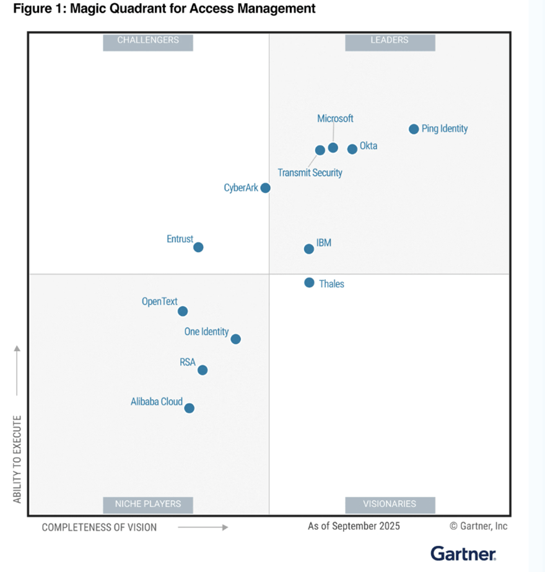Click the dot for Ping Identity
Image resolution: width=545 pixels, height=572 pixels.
point(414,129)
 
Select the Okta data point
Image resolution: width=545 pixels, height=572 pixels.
point(352,149)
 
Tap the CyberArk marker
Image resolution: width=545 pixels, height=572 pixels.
point(265,188)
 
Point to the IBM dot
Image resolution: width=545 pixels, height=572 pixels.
point(309,249)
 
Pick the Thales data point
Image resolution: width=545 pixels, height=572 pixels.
point(309,282)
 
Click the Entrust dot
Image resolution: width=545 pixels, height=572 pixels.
point(198,247)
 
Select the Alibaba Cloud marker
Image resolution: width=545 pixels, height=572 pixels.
point(190,408)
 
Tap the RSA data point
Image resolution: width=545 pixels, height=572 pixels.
point(203,370)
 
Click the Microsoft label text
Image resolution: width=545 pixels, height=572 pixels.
point(335,118)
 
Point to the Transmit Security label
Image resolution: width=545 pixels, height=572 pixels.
point(310,173)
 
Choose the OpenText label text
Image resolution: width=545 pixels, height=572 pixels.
point(160,301)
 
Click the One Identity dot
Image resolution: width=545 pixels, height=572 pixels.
point(235,339)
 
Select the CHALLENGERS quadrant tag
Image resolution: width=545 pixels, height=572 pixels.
point(148,40)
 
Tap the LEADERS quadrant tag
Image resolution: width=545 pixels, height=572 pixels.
point(390,40)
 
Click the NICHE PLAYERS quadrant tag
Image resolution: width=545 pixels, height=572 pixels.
point(148,504)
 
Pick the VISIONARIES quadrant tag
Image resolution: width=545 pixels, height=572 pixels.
point(390,504)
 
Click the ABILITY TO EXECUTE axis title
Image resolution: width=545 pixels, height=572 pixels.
point(17,458)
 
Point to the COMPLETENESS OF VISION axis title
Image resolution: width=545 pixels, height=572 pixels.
point(99,527)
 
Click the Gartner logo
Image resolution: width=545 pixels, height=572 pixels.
point(463,553)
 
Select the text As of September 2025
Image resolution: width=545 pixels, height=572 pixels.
point(354,526)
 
